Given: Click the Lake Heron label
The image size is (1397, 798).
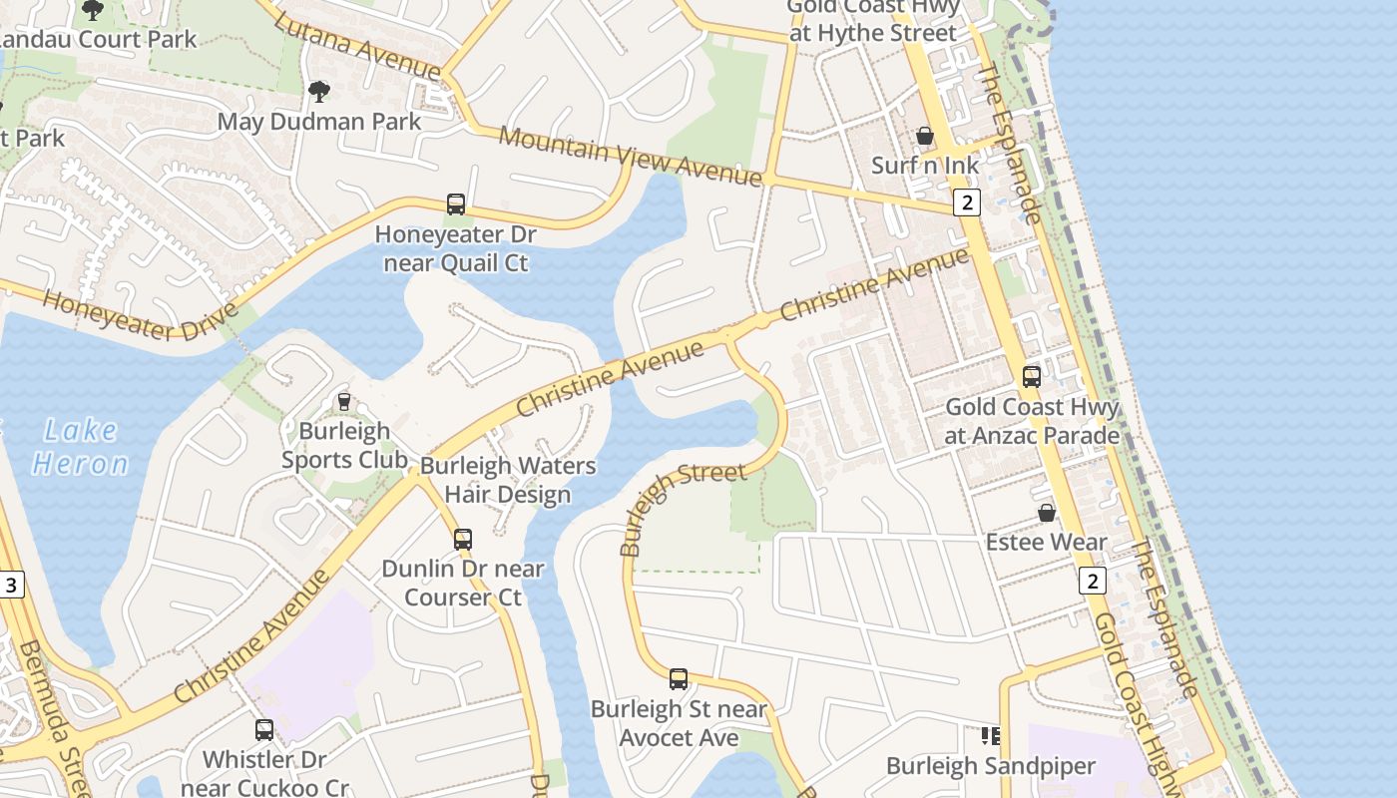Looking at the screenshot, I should pos(80,447).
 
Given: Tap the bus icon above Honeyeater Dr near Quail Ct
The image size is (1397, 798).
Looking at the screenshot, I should pos(456,204).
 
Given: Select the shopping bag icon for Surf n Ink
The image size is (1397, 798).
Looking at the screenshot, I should pos(925,136).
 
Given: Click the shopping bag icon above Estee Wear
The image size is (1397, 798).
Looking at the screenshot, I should pos(1047,513).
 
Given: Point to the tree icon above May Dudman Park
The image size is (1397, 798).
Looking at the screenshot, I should pos(319,92).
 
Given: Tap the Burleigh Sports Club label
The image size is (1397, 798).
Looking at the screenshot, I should pos(344,446).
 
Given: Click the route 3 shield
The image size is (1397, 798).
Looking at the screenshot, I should pos(11,585).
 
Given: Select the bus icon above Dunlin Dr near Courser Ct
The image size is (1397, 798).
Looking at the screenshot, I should pos(463,540).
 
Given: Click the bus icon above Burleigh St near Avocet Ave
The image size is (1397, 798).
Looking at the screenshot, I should pos(679,679).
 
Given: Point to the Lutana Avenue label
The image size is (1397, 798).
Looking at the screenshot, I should pos(356,47).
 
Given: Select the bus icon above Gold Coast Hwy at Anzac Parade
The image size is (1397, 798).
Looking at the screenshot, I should pos(1032,377).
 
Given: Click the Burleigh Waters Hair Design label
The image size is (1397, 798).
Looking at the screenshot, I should pos(508,480).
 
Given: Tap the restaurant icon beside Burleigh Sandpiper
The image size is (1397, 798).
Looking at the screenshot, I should pos(990,736).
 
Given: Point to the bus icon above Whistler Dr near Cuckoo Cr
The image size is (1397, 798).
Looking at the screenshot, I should pos(264,730).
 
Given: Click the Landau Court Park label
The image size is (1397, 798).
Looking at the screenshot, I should pos(97,40).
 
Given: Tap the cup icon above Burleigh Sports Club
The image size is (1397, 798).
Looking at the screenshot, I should pos(344,401).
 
